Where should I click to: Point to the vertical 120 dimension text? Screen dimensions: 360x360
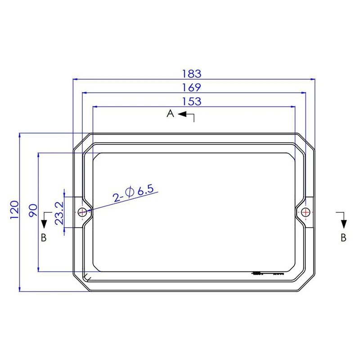point(14,210)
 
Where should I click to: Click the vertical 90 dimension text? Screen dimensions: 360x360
point(32,211)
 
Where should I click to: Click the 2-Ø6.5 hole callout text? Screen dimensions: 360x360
point(133,193)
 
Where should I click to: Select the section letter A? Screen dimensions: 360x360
point(170,114)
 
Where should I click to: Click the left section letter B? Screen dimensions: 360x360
point(44,238)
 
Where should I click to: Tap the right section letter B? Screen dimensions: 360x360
point(343,238)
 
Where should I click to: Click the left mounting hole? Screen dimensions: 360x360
point(82,212)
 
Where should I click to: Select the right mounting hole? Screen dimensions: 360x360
point(306,212)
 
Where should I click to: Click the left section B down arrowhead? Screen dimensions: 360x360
point(44,224)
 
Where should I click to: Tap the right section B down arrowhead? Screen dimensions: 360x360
point(343,224)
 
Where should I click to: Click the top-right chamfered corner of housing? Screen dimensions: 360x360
point(306,142)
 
